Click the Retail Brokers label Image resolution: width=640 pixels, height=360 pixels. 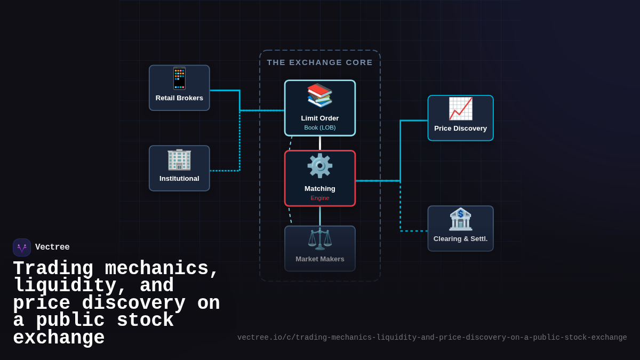tap(179, 98)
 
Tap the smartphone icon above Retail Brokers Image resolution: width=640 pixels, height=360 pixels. tap(179, 78)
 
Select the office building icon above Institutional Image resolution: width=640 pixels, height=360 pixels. tap(179, 159)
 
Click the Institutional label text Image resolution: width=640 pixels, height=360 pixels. tap(179, 179)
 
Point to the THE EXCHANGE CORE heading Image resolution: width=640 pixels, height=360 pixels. tap(320, 62)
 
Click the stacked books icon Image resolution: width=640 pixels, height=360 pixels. tap(320, 95)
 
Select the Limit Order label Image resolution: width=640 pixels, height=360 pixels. tap(320, 118)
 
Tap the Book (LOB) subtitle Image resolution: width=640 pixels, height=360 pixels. tap(320, 127)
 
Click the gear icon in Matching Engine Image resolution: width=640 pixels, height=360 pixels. tap(320, 166)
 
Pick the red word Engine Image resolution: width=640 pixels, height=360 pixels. tap(320, 198)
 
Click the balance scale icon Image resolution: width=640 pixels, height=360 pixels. tap(320, 239)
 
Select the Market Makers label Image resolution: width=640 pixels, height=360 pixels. tap(320, 259)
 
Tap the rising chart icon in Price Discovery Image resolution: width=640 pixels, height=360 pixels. tap(460, 109)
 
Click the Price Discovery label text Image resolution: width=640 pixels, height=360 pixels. tap(460, 129)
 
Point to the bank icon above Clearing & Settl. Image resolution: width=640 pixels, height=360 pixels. tap(460, 219)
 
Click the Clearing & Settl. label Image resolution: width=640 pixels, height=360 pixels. tap(460, 239)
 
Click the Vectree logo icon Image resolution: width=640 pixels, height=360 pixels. tap(22, 247)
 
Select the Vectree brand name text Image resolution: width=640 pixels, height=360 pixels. tap(52, 247)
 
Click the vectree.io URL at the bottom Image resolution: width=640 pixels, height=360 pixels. tap(432, 338)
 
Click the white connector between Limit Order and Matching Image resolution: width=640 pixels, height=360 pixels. tap(320, 143)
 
